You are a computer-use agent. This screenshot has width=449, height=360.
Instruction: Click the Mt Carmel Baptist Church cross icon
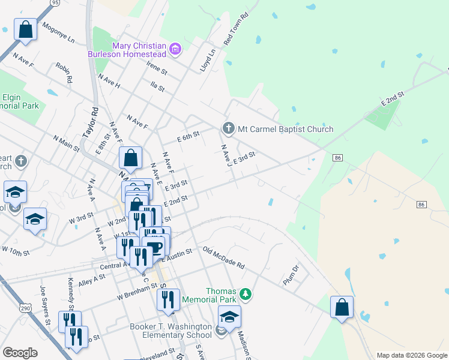coord(228,128)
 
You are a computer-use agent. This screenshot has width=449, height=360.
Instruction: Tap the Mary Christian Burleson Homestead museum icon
coord(175,49)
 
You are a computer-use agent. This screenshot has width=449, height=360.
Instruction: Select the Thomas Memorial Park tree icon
coord(245,294)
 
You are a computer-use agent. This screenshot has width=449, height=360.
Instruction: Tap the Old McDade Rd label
coord(223,258)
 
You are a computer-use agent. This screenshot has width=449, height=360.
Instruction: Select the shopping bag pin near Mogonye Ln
coord(26,29)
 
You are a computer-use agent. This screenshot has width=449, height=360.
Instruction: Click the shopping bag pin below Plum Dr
coord(342,307)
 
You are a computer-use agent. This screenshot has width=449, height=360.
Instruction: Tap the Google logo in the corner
coord(20,353)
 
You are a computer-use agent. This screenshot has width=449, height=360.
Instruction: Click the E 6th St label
coord(188,137)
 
